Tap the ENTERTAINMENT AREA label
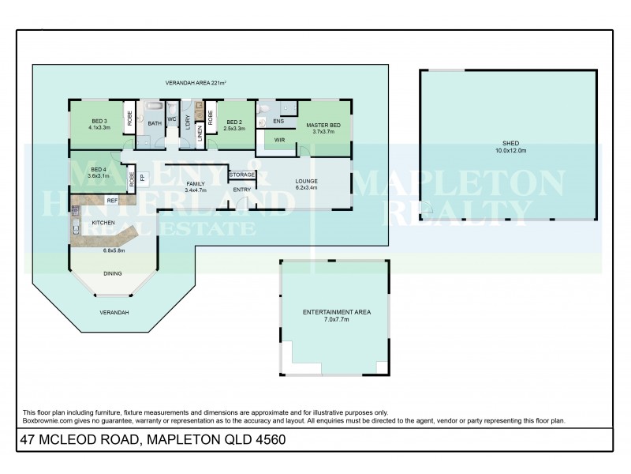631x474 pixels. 337,312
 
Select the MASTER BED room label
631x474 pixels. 323,126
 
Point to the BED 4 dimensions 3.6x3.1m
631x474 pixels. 98,176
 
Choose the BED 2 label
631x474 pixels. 234,121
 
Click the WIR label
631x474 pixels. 279,141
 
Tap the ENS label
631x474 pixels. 278,122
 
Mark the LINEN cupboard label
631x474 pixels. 200,134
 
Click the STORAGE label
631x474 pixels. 241,175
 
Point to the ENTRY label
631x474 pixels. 241,190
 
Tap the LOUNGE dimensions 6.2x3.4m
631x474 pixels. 306,188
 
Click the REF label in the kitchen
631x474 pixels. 112,201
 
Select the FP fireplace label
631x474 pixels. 142,176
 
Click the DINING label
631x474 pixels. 114,274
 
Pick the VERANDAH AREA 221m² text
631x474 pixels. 196,83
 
